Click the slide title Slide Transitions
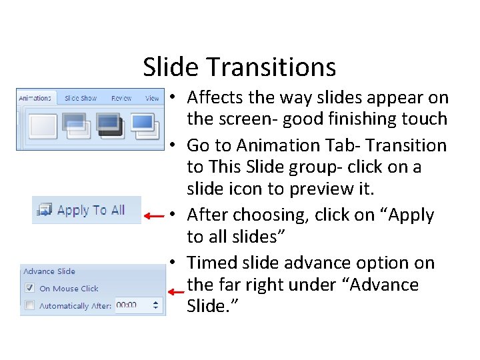click(239, 67)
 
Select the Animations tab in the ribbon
click(35, 98)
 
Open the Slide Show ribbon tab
click(81, 98)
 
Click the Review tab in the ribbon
click(121, 98)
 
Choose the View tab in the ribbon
click(152, 98)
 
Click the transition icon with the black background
click(109, 125)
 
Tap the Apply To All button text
click(91, 210)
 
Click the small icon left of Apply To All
click(45, 211)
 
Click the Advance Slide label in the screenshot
click(49, 271)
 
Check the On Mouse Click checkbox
click(29, 289)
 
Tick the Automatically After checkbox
click(29, 305)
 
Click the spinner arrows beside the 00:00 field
click(157, 305)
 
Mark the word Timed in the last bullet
click(211, 263)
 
